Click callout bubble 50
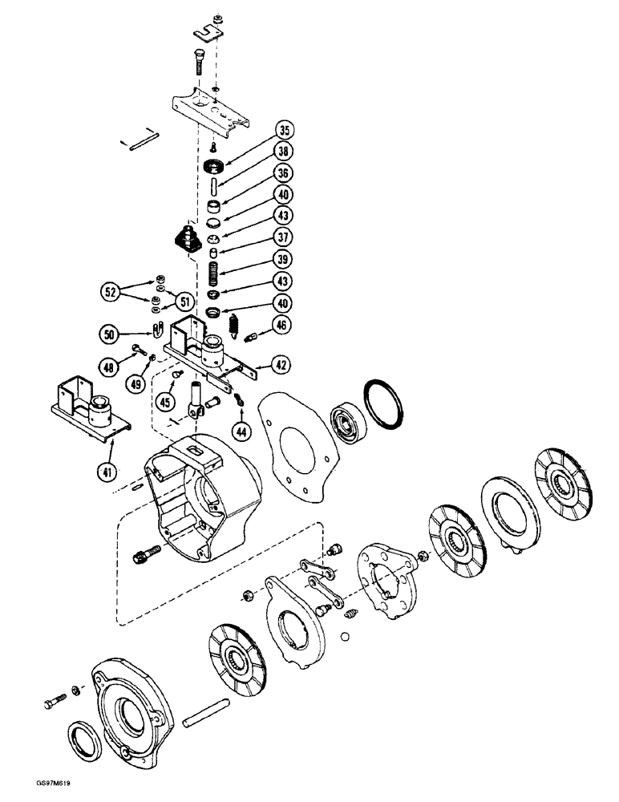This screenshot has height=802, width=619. [x=111, y=332]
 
